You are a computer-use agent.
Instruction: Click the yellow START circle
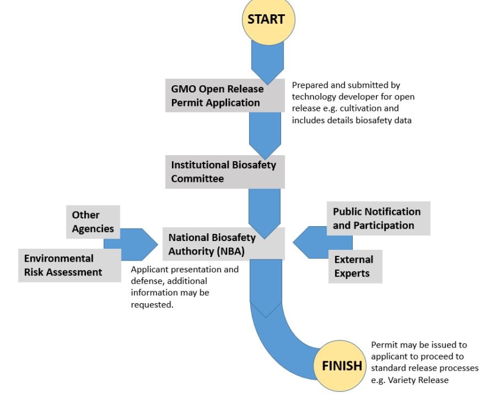point(269,20)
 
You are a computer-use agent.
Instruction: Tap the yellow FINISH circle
point(340,366)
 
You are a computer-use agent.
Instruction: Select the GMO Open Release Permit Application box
point(225,95)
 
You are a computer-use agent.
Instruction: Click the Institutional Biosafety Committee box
point(225,172)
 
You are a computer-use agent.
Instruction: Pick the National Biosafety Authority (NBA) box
point(224,244)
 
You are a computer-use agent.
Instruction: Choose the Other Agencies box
point(93,222)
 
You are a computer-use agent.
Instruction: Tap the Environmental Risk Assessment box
point(69,265)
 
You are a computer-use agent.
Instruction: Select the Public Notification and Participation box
point(378,218)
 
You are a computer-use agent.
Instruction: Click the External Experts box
point(355,266)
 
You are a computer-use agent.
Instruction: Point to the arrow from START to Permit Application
point(268,62)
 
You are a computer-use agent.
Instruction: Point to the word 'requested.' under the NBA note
point(152,305)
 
